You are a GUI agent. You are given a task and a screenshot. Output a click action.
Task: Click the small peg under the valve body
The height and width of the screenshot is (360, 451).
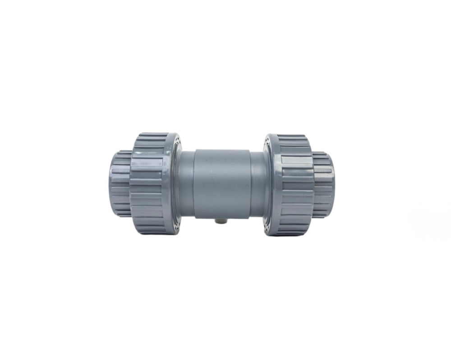tap(219, 221)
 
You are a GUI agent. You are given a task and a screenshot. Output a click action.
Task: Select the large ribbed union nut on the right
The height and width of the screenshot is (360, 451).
tap(295, 184)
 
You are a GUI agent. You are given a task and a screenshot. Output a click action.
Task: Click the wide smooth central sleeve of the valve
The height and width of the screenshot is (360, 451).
tap(221, 182)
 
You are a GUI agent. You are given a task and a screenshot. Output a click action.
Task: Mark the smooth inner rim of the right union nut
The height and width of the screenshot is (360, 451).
tap(269, 184)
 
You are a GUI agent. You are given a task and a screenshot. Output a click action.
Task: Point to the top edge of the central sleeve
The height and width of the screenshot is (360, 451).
tap(221, 149)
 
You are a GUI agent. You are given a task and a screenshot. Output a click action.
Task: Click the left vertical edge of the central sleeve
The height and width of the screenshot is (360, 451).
tap(194, 182)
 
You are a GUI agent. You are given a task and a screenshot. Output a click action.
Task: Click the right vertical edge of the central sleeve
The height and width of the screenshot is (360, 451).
tap(249, 182)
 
